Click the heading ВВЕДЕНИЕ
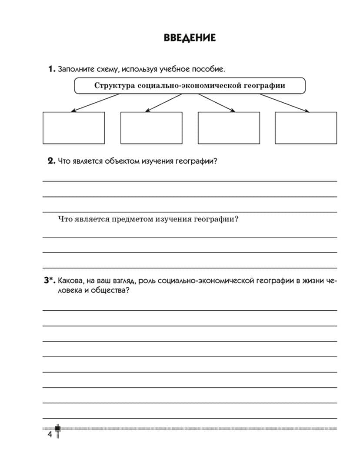[190, 38]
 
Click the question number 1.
[51, 69]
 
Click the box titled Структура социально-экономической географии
[190, 86]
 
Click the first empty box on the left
[73, 128]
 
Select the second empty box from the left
[151, 128]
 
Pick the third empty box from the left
[229, 128]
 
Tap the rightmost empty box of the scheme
[306, 128]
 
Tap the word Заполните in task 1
[74, 69]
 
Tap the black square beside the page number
[57, 428]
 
